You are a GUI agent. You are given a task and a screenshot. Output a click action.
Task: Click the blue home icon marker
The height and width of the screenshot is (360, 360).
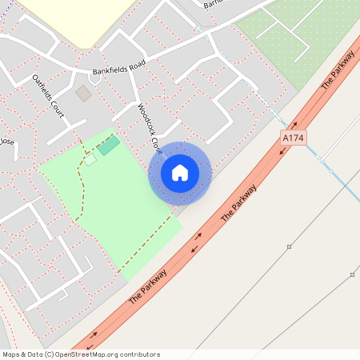180,173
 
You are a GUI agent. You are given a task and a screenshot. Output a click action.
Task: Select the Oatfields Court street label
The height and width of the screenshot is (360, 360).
48,95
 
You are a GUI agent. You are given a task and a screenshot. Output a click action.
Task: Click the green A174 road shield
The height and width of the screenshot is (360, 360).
294,138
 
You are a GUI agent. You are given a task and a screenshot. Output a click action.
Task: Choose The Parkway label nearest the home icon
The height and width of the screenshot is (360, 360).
239,203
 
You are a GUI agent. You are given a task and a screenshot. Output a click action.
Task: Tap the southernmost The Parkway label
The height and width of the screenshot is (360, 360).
148,288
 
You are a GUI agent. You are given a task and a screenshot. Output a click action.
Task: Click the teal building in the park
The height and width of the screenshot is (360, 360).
108,146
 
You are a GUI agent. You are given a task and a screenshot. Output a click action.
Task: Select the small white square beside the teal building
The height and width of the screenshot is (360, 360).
90,159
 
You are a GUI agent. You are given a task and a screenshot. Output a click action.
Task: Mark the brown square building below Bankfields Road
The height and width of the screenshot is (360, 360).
83,94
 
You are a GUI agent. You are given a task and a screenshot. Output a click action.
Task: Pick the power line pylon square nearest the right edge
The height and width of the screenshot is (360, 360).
352,274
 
